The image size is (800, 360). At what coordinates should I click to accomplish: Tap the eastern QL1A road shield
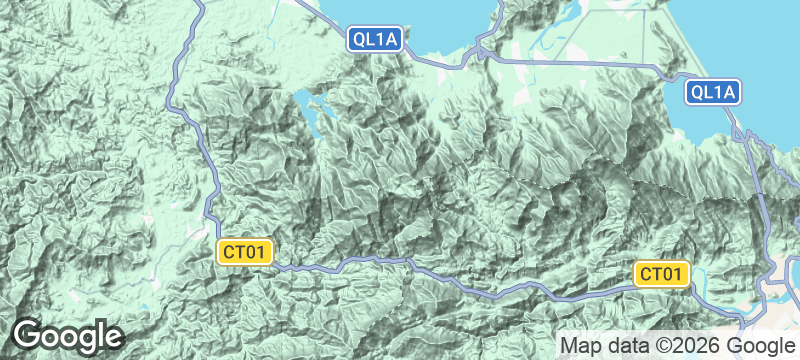[712, 93]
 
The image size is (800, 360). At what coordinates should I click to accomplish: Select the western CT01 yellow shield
[245, 252]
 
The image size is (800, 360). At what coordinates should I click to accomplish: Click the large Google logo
[67, 335]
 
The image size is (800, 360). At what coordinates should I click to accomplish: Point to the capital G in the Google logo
[27, 334]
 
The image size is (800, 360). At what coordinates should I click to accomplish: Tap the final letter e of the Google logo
[113, 336]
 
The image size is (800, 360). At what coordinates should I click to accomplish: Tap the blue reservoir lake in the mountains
[310, 104]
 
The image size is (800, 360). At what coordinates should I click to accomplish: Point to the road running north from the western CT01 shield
[212, 180]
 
